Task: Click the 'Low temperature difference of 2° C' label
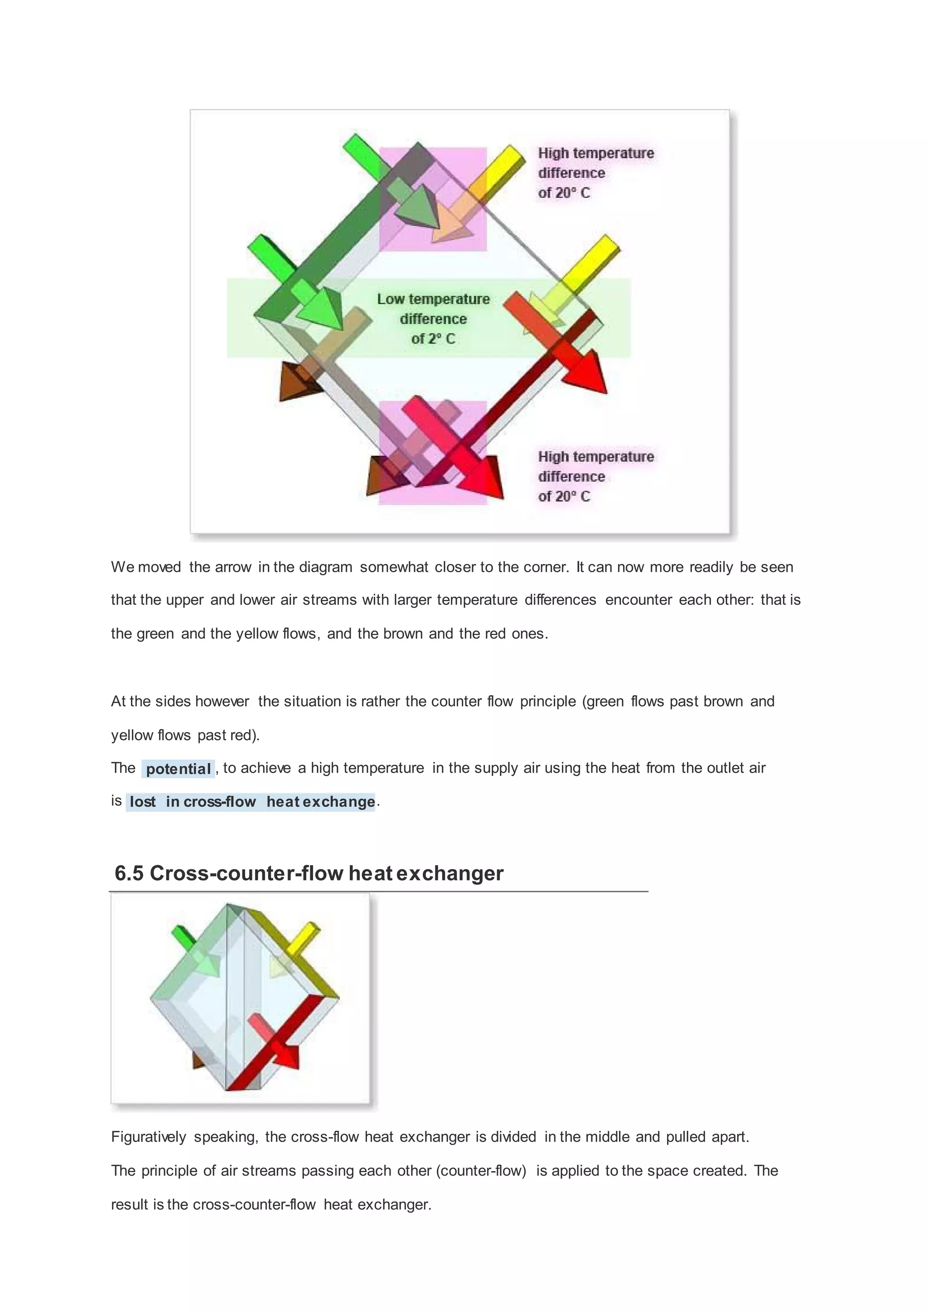tap(433, 319)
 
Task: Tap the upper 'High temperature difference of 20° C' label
tap(595, 172)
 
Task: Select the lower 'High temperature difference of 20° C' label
tap(595, 476)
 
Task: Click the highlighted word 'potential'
tap(178, 769)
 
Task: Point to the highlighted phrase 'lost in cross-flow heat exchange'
tap(252, 802)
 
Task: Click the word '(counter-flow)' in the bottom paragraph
tap(481, 1171)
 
